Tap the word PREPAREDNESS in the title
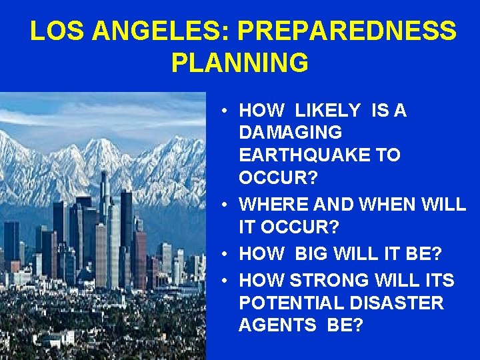coord(347,31)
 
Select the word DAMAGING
coord(290,133)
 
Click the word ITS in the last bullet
coord(438,281)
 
